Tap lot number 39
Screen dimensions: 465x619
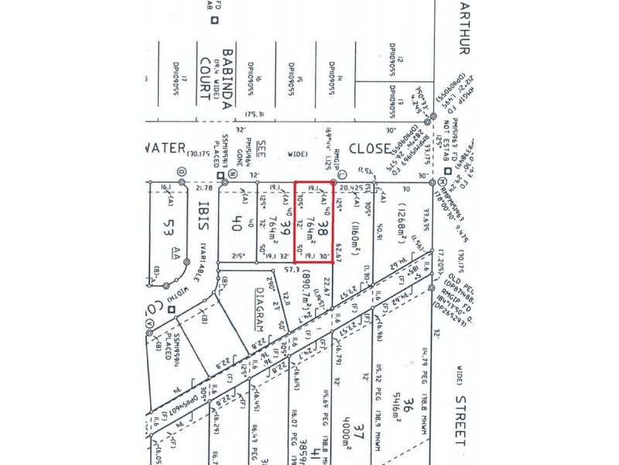coord(283,229)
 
